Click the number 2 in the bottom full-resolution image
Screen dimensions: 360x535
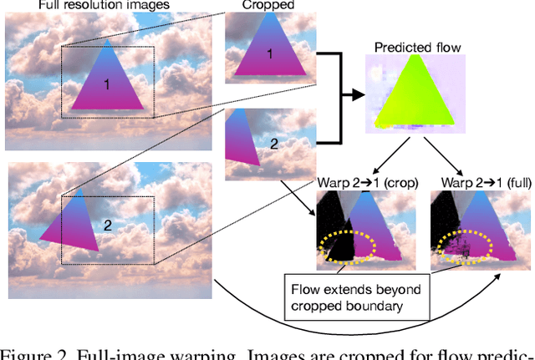coord(106,224)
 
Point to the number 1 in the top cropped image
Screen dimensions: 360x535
coord(269,55)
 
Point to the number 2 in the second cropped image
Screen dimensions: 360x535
coord(273,144)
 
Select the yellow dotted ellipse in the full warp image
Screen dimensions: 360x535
coord(473,245)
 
